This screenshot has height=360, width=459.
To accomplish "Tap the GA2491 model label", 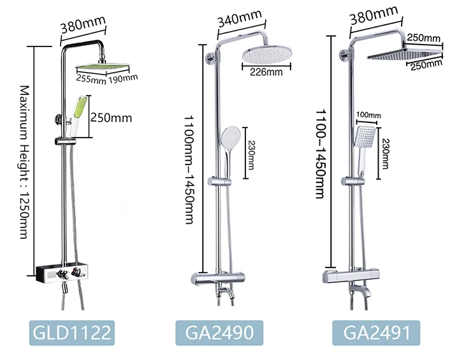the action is tap(375, 332).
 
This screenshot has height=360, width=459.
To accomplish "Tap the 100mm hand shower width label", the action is tap(368, 115).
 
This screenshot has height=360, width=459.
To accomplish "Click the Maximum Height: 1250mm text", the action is tap(25, 162).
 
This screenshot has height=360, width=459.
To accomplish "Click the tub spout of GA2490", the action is tap(214, 294).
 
